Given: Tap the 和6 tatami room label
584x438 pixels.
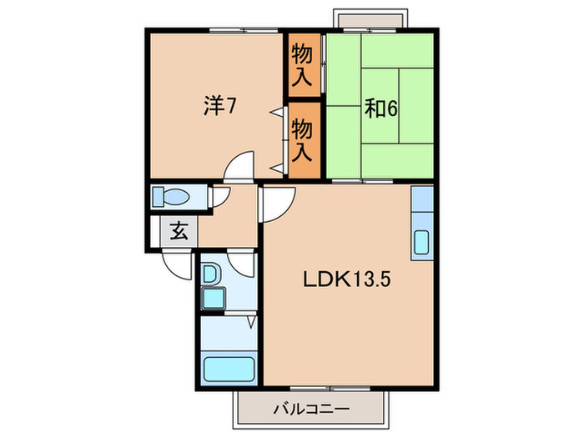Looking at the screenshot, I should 380,108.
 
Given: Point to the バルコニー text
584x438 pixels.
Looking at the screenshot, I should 310,410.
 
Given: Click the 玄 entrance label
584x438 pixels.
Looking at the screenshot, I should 178,231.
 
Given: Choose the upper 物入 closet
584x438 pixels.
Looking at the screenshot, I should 303,64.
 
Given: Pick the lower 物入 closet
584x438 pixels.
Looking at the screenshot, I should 303,139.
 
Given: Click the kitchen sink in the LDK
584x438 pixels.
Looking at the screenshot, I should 421,242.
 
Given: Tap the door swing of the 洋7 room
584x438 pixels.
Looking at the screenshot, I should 240,167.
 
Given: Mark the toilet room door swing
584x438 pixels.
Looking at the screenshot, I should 221,198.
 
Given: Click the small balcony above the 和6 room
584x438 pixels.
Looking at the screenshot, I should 370,19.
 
